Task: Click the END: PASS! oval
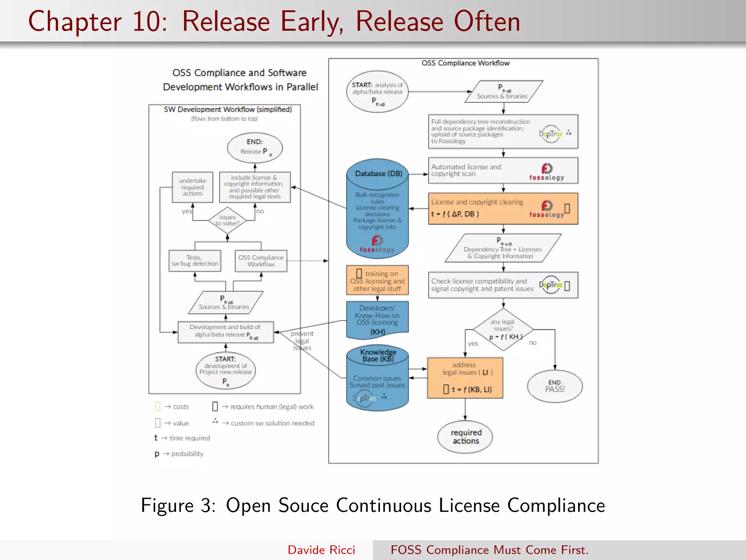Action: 554,386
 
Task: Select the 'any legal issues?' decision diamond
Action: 503,330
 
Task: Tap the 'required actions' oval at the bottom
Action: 465,437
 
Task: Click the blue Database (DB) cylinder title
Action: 378,174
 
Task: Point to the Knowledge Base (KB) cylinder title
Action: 378,355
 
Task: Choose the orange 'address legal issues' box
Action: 465,378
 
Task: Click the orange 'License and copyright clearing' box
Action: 503,208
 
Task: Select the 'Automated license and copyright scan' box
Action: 503,171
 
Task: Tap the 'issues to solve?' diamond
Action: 227,220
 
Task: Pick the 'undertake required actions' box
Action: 192,187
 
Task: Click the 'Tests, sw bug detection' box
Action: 195,261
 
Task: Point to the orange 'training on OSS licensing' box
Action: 377,280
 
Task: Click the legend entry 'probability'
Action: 187,454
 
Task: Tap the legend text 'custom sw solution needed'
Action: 272,423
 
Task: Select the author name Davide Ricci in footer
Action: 321,550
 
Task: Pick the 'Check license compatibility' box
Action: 503,285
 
